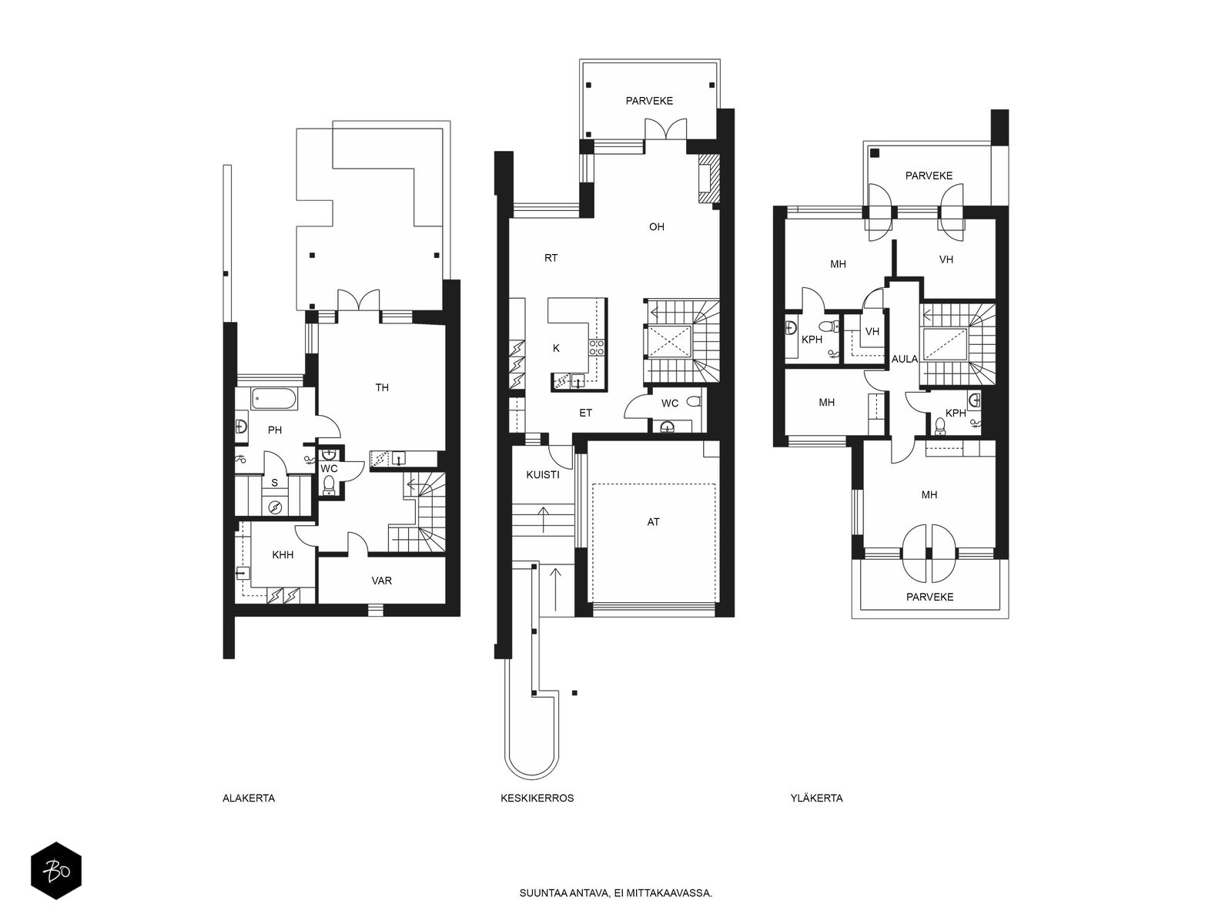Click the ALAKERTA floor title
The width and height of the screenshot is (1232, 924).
pos(249,798)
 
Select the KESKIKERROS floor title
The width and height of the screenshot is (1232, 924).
pos(537,798)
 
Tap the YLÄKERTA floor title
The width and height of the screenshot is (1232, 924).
pos(817,798)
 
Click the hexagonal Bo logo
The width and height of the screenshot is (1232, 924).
pos(56,871)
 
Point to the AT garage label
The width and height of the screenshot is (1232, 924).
pos(653,522)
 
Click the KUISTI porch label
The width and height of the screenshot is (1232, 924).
pos(543,474)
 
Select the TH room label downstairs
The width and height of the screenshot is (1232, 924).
pos(382,387)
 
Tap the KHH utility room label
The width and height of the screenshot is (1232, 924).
pos(283,555)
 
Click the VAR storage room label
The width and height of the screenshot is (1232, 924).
pos(382,581)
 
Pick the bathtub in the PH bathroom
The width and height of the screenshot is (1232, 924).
pos(275,399)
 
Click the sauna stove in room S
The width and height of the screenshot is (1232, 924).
pos(275,507)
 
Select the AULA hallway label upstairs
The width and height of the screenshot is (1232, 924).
pos(905,359)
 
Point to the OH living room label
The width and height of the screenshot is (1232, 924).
pos(657,226)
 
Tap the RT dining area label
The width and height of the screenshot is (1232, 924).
pos(551,258)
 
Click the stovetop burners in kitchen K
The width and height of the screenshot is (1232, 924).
pos(596,347)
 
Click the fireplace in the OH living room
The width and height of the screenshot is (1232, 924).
pos(708,179)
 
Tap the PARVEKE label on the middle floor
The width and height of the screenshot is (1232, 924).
pos(649,101)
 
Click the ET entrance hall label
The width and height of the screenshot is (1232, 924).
pos(585,413)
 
